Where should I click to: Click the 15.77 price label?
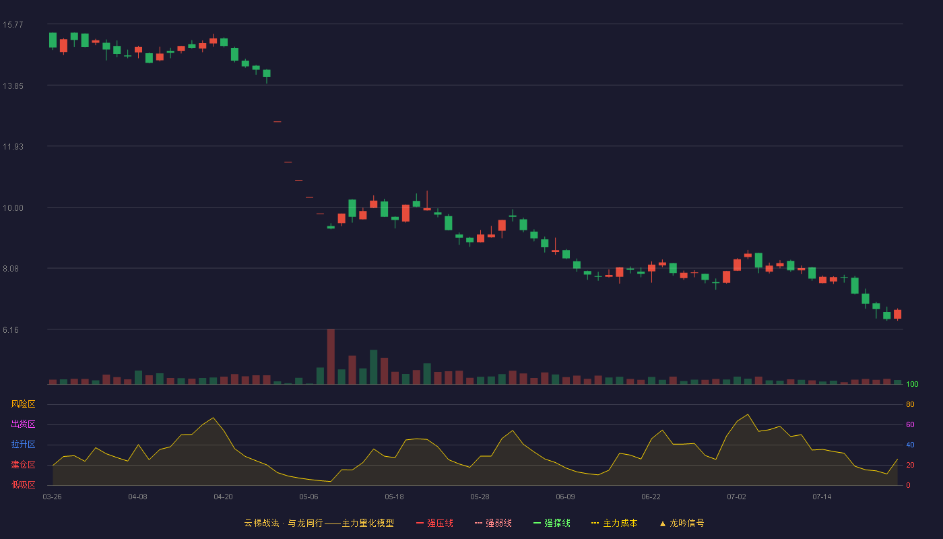13,25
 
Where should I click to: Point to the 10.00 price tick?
13,208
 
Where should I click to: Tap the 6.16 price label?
11,330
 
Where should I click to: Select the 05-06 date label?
308,497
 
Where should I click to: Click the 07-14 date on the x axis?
822,497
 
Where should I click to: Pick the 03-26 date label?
53,497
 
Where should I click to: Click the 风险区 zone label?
23,404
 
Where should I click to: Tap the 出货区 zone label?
23,424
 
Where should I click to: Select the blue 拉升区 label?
23,444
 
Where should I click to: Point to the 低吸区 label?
23,484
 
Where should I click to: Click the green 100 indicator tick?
912,384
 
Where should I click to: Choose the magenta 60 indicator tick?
910,424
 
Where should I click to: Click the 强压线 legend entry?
435,523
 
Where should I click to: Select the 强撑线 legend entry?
552,523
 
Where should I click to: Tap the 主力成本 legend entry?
614,523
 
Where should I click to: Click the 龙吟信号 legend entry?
682,523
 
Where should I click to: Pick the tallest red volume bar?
331,356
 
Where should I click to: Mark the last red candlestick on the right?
897,314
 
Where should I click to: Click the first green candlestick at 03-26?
53,40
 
